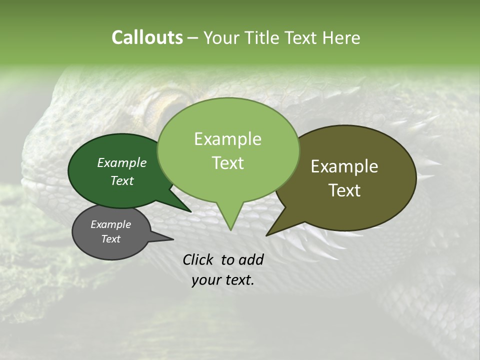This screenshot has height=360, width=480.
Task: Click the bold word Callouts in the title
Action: coord(147,37)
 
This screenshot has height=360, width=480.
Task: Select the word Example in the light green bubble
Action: coord(227,139)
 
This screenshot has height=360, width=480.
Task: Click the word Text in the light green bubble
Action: coord(227,163)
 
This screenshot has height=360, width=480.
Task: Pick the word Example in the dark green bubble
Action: coord(121,162)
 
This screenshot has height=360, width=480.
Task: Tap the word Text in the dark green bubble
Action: coord(121,180)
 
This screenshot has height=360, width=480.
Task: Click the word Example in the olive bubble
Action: coord(344,166)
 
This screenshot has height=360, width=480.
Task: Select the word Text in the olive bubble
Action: coord(344,190)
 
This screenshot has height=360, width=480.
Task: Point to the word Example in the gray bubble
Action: coord(110,224)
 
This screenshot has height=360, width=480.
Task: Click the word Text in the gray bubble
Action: coord(110,239)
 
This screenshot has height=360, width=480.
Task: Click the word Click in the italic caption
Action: coord(198,259)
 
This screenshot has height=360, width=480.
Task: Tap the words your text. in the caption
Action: coord(222,280)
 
